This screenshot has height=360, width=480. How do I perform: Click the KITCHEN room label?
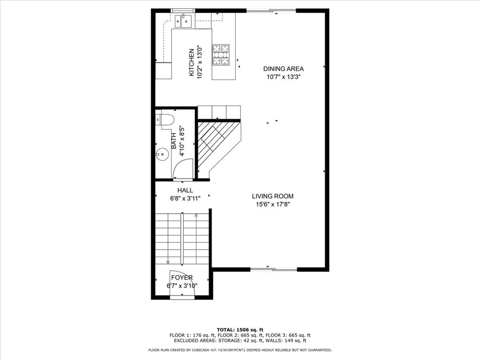(x=191, y=62)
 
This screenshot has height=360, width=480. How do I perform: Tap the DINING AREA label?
(x=284, y=69)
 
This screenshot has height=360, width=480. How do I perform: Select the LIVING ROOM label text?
(x=273, y=196)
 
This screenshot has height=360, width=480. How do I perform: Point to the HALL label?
(x=185, y=190)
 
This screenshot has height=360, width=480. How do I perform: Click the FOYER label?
(x=182, y=277)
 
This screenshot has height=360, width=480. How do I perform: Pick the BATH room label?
(x=173, y=141)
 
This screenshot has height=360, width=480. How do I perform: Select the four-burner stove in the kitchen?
(x=221, y=55)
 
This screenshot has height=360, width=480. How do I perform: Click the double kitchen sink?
(x=183, y=21)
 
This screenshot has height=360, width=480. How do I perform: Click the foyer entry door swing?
(x=182, y=283)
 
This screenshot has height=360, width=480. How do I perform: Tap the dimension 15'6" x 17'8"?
(x=273, y=204)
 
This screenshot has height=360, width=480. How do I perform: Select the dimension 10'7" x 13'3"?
(x=284, y=77)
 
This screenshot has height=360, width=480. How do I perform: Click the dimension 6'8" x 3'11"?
(x=185, y=198)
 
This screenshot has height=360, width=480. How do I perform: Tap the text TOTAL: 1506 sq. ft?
(x=240, y=330)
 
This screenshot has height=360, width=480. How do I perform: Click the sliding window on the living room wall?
(x=274, y=270)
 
